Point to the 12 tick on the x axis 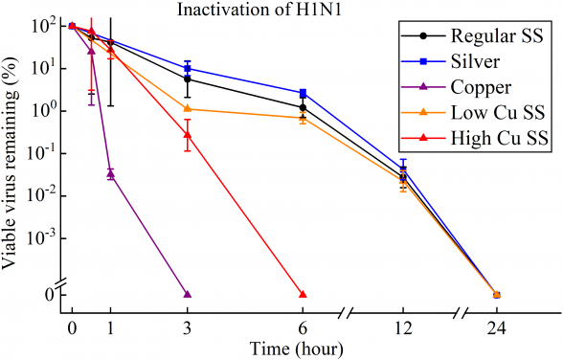[402, 327]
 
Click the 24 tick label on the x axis [496, 327]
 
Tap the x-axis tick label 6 [303, 327]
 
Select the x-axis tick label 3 [187, 327]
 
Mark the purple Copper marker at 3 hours [187, 294]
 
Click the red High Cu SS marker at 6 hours [303, 294]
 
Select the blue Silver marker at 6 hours [303, 93]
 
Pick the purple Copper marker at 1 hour [110, 173]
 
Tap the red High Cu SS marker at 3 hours [187, 134]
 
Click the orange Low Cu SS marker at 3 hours [187, 108]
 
